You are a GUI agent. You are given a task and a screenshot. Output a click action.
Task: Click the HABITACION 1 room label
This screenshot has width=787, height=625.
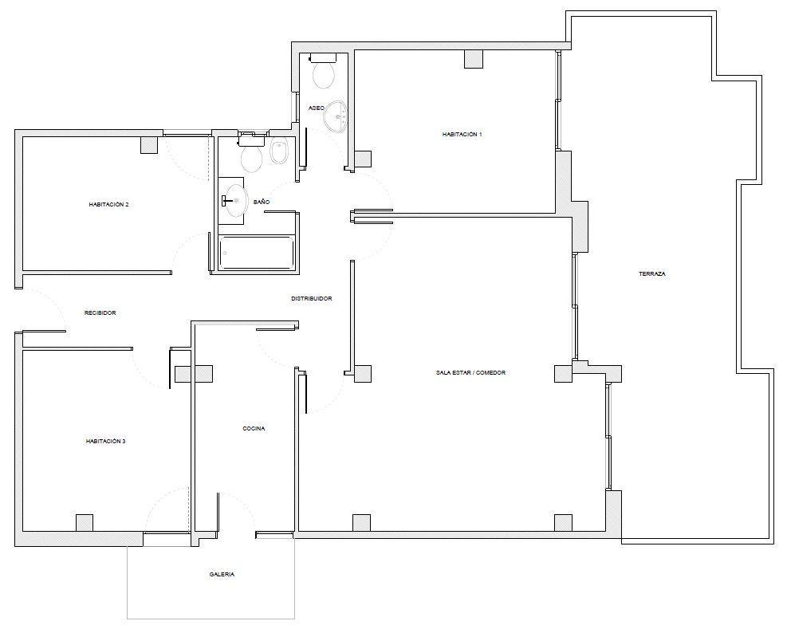tap(462, 135)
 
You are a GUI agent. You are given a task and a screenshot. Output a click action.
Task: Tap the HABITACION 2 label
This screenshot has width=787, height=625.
tap(109, 205)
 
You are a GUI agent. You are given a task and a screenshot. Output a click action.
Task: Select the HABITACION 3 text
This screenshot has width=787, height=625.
tap(105, 442)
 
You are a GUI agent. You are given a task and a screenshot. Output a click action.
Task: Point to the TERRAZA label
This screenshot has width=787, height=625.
tap(652, 274)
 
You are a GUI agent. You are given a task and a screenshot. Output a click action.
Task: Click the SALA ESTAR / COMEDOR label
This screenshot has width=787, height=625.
tap(470, 373)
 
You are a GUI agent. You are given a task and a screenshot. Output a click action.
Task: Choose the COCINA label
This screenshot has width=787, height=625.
tap(254, 428)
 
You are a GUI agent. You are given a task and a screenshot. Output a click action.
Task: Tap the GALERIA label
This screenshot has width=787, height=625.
tap(222, 574)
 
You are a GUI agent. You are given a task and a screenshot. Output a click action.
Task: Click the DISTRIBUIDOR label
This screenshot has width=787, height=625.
tap(312, 298)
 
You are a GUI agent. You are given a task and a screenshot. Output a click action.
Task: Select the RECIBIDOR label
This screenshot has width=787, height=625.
tap(100, 313)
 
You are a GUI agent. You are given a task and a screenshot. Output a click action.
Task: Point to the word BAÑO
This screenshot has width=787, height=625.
tap(262, 202)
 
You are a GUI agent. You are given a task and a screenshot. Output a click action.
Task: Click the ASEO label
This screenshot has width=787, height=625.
tap(317, 108)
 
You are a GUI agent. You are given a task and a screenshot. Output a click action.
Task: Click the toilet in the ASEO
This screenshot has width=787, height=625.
tap(323, 71)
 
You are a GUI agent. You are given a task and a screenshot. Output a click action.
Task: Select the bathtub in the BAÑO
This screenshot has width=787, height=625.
tap(257, 253)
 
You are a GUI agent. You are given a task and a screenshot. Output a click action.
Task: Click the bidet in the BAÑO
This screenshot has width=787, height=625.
tap(279, 151)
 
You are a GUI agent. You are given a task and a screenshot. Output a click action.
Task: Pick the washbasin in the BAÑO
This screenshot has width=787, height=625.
tap(232, 201)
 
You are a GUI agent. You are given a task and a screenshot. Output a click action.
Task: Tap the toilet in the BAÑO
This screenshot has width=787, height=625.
tap(251, 153)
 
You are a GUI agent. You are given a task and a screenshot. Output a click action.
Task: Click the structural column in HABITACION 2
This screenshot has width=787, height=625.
tap(149, 144)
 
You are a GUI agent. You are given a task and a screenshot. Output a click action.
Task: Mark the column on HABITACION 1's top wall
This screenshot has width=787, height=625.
tap(474, 59)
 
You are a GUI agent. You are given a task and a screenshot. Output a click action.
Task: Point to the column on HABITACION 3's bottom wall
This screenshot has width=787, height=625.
tap(85, 523)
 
